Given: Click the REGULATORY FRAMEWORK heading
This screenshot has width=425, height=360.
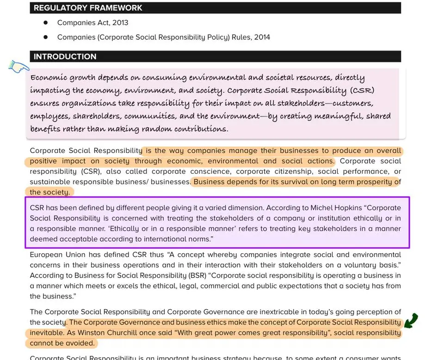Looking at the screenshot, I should [88, 8].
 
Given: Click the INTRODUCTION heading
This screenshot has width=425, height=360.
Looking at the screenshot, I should [65, 56].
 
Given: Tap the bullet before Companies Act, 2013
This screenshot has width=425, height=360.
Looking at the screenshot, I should [45, 22].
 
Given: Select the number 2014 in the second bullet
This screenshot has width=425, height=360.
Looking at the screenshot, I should [261, 37].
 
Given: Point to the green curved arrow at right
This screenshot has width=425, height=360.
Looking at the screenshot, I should [411, 319].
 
